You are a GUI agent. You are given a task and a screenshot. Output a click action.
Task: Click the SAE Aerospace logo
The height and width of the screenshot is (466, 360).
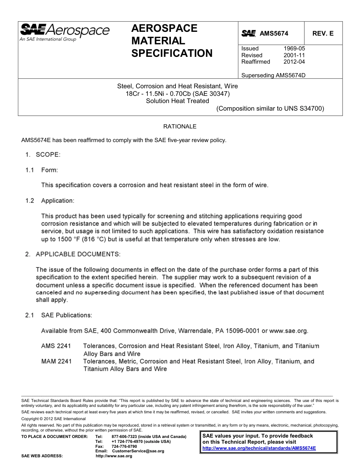[x=64, y=31]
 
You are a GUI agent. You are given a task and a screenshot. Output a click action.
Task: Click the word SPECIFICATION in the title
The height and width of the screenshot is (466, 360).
[x=172, y=53]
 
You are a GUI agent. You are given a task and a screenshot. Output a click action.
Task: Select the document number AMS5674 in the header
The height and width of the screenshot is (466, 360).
[x=274, y=33]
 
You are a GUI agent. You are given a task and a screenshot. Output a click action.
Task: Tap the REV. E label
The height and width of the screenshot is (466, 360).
[x=323, y=33]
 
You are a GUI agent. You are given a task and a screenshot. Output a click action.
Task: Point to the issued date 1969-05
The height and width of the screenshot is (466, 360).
[x=294, y=48]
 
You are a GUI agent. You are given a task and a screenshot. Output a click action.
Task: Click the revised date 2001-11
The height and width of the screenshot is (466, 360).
[x=294, y=55]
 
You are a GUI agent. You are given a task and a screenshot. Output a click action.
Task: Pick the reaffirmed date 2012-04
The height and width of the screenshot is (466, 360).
[x=294, y=62]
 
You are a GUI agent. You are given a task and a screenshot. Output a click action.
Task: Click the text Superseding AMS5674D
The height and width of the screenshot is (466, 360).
[x=273, y=75]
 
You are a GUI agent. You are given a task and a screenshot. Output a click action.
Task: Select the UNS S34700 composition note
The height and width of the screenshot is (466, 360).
[x=270, y=109]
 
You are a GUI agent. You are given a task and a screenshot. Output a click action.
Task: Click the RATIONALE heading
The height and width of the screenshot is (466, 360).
[x=180, y=126]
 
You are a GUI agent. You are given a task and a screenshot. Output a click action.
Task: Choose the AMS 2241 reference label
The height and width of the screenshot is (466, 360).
[x=56, y=346]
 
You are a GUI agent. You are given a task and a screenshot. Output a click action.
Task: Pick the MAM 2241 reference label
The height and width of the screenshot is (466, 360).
[x=56, y=361]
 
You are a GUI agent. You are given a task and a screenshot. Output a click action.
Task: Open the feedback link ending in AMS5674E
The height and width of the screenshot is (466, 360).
[x=259, y=448]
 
